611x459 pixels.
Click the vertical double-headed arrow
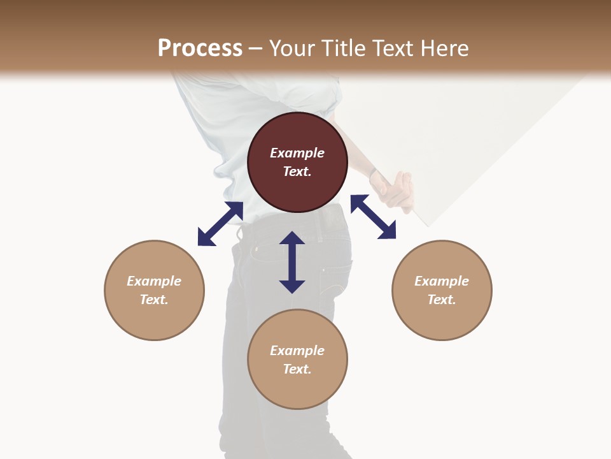point(292,262)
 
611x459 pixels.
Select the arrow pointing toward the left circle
point(220,224)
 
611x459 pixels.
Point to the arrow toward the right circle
point(373,217)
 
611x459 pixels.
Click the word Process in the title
point(200,48)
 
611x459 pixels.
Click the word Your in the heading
point(290,48)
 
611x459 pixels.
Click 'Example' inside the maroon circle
point(297,153)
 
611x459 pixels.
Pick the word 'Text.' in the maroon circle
point(297,171)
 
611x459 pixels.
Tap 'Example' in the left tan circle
point(154,281)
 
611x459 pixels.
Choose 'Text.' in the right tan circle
point(442,300)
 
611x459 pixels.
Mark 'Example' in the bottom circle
point(297,351)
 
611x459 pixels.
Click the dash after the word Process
point(256,48)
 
